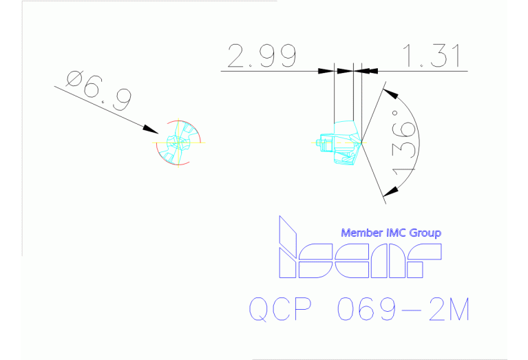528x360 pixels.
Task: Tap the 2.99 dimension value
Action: (262, 56)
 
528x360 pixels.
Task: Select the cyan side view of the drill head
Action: (342, 143)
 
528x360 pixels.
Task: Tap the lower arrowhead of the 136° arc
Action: (391, 191)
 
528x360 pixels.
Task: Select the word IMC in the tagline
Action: (397, 233)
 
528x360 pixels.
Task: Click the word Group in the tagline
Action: (427, 233)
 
